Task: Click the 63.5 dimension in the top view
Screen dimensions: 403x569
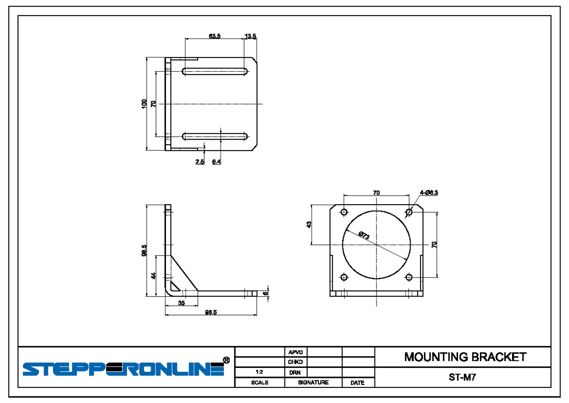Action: point(214,36)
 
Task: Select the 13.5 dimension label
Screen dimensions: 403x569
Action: point(250,36)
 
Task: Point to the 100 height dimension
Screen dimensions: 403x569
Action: point(144,104)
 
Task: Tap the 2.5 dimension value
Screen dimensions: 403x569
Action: point(200,162)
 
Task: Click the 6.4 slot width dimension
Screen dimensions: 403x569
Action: point(216,162)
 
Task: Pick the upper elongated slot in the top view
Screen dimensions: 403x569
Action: point(215,72)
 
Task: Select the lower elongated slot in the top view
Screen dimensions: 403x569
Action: point(215,137)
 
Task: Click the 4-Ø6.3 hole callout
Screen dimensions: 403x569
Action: point(429,193)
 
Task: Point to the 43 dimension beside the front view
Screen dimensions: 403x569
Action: point(309,225)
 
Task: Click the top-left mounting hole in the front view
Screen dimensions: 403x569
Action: point(344,212)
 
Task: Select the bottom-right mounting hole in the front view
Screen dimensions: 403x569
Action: point(409,277)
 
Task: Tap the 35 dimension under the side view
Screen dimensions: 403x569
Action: point(181,303)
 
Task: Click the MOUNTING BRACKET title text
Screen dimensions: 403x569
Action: point(465,357)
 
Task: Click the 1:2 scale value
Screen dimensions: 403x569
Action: point(259,373)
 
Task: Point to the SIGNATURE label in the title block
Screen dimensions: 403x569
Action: point(313,382)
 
